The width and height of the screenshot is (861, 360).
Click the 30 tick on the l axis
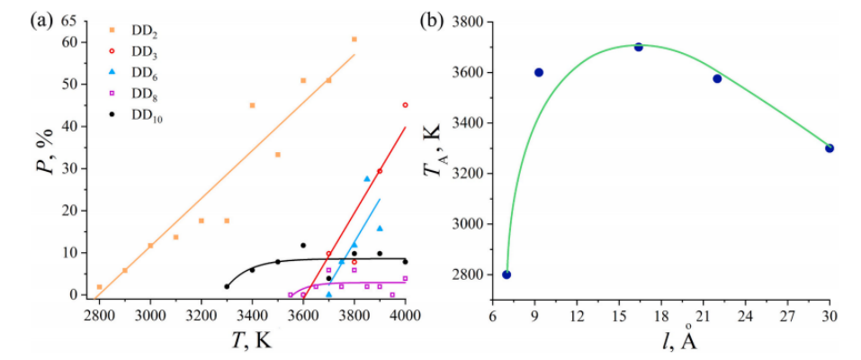[x=830, y=317]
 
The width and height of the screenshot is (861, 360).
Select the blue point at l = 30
[x=830, y=148]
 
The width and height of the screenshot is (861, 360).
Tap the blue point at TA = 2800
[x=507, y=274]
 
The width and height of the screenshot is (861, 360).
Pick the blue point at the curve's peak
[x=639, y=47]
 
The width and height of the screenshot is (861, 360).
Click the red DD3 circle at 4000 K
[x=406, y=105]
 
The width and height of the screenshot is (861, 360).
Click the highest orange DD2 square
[x=354, y=40]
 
